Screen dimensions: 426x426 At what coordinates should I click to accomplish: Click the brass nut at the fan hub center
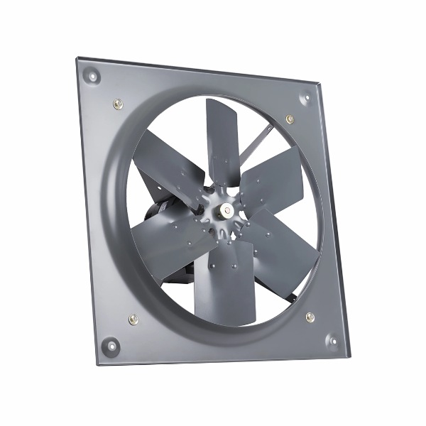222,209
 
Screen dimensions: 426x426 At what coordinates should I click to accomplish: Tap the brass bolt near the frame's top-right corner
290,119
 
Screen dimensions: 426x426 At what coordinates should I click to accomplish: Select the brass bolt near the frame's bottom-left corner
133,319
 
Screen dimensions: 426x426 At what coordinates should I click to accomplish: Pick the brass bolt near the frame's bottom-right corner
310,317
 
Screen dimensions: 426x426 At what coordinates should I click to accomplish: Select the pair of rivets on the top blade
221,170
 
